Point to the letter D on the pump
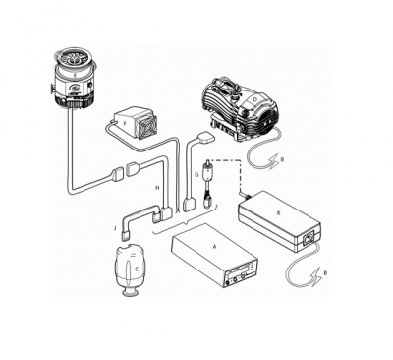[254, 99]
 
